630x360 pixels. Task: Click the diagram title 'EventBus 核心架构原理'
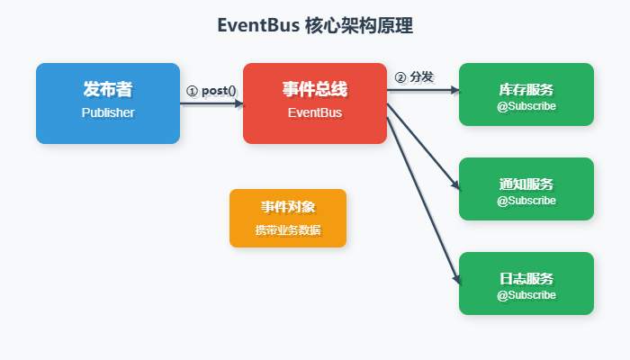tap(315, 26)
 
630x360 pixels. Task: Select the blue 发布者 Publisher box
tap(108, 103)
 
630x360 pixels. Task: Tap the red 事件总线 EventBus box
tap(315, 103)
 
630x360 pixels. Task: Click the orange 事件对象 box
tap(288, 218)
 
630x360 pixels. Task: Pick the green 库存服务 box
tap(526, 94)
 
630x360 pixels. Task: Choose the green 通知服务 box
tap(526, 189)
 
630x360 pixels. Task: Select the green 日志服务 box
tap(526, 283)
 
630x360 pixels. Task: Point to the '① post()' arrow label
tap(211, 91)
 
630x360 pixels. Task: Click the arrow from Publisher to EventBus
tap(211, 103)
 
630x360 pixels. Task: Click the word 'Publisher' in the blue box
tap(108, 113)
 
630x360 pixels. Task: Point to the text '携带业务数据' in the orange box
tap(288, 230)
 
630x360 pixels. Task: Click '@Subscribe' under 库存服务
tap(526, 106)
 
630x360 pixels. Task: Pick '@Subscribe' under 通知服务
tap(526, 201)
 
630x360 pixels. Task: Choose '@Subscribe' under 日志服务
tap(526, 295)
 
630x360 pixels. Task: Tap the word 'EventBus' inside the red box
tap(315, 113)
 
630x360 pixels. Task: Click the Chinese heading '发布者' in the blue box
tap(108, 90)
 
